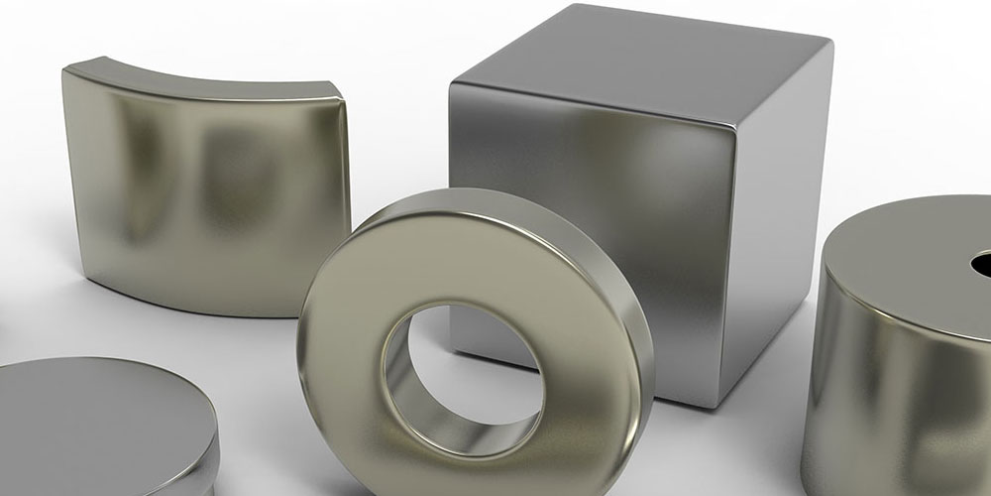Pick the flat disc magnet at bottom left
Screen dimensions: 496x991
pos(99,427)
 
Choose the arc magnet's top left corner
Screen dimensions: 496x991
pos(67,67)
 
